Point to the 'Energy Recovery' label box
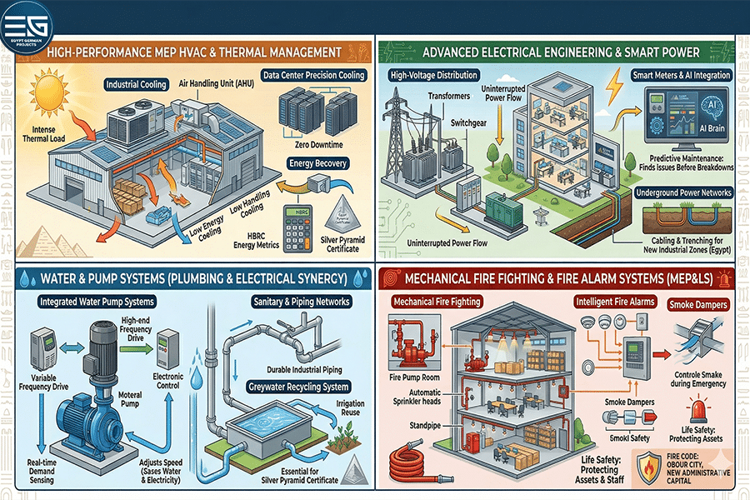pos(317,163)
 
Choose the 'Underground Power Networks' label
pos(683,192)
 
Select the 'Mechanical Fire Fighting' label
pos(437,301)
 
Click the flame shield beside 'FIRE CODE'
pos(649,469)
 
